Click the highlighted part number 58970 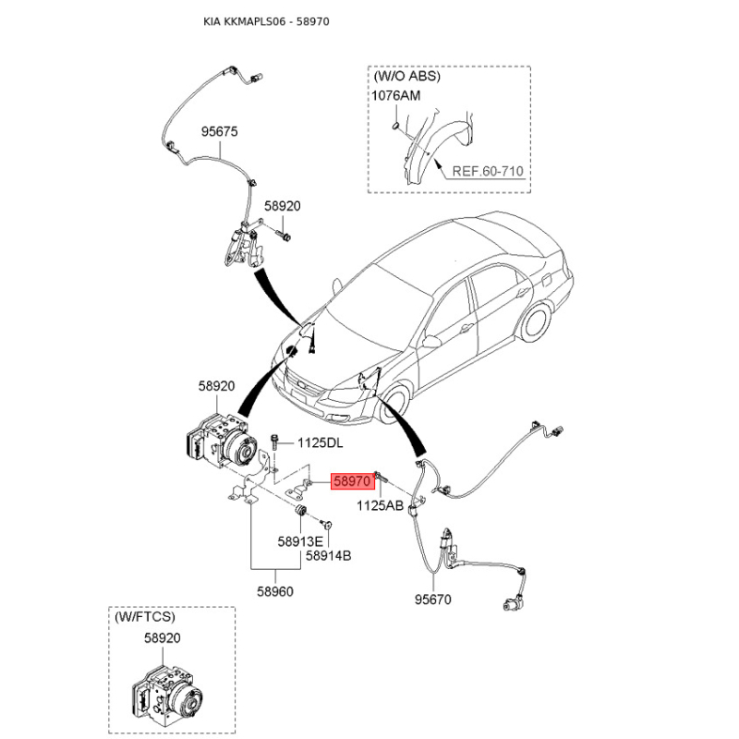tap(353, 481)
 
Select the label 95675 tap(220, 131)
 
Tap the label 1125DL tap(320, 443)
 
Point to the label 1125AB tap(380, 505)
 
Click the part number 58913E tap(300, 542)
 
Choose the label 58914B tap(329, 556)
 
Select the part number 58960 tap(275, 591)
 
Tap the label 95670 tap(432, 600)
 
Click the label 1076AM tap(396, 96)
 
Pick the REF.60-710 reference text tap(488, 171)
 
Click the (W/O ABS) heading tap(407, 76)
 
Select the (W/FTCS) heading tap(145, 616)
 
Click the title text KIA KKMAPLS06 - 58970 tap(266, 21)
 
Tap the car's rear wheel tap(537, 322)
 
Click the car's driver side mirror tap(431, 341)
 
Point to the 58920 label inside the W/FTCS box tap(163, 638)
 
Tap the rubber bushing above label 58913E tap(301, 511)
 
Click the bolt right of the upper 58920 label tap(284, 236)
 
